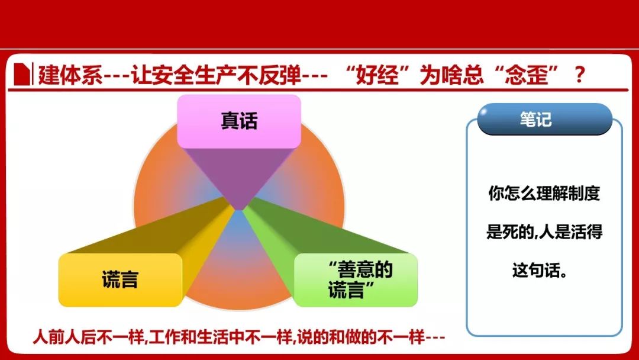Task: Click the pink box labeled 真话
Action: pyautogui.click(x=239, y=121)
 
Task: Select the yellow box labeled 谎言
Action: pyautogui.click(x=120, y=279)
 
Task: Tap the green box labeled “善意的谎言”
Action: pyautogui.click(x=356, y=279)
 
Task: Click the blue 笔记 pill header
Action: pyautogui.click(x=544, y=119)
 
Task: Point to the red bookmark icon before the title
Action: pyautogui.click(x=22, y=74)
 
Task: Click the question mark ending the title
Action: pyautogui.click(x=579, y=75)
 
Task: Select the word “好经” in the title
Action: pyautogui.click(x=377, y=75)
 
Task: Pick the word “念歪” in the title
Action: pyautogui.click(x=526, y=75)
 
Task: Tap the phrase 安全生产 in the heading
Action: pyautogui.click(x=194, y=75)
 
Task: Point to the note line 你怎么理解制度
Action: pyautogui.click(x=544, y=193)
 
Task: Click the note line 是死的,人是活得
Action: pyautogui.click(x=544, y=232)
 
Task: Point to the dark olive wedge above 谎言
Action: pyautogui.click(x=163, y=229)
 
